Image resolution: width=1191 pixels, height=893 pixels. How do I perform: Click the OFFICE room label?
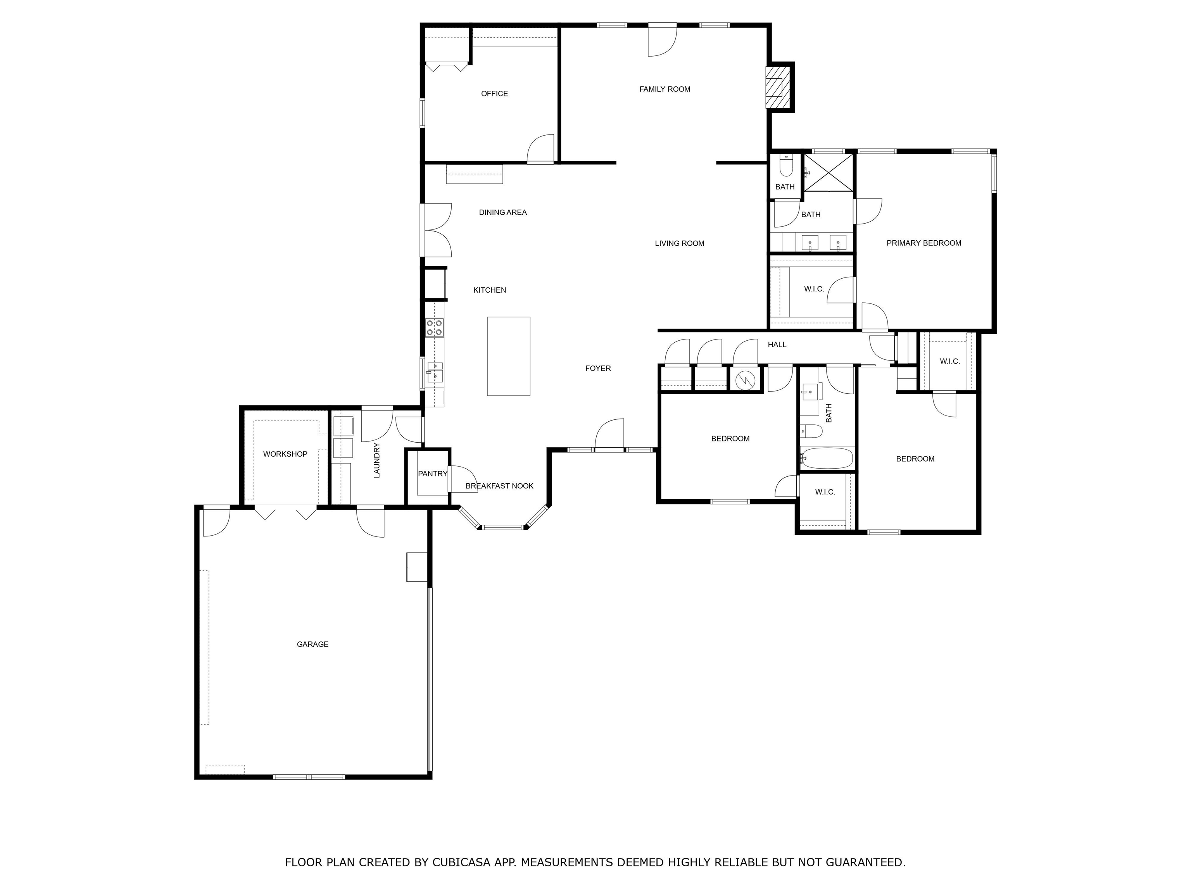tap(494, 94)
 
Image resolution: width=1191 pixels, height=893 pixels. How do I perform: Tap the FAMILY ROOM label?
tap(665, 90)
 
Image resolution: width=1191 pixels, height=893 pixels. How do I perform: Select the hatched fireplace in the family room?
tap(774, 88)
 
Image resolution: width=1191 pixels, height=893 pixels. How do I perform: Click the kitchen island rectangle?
tap(508, 356)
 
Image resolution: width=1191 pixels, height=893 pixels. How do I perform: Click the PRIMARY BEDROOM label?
tap(923, 243)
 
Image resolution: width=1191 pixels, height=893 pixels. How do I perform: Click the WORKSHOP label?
tap(285, 454)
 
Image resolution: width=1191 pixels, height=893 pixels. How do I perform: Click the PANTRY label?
tap(432, 474)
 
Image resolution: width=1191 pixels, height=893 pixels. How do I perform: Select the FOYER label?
tap(598, 369)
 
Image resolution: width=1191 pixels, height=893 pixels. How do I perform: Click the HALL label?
tap(777, 345)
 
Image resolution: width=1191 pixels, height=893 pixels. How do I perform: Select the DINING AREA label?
tap(503, 213)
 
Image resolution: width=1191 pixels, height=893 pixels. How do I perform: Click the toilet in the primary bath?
tap(786, 166)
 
